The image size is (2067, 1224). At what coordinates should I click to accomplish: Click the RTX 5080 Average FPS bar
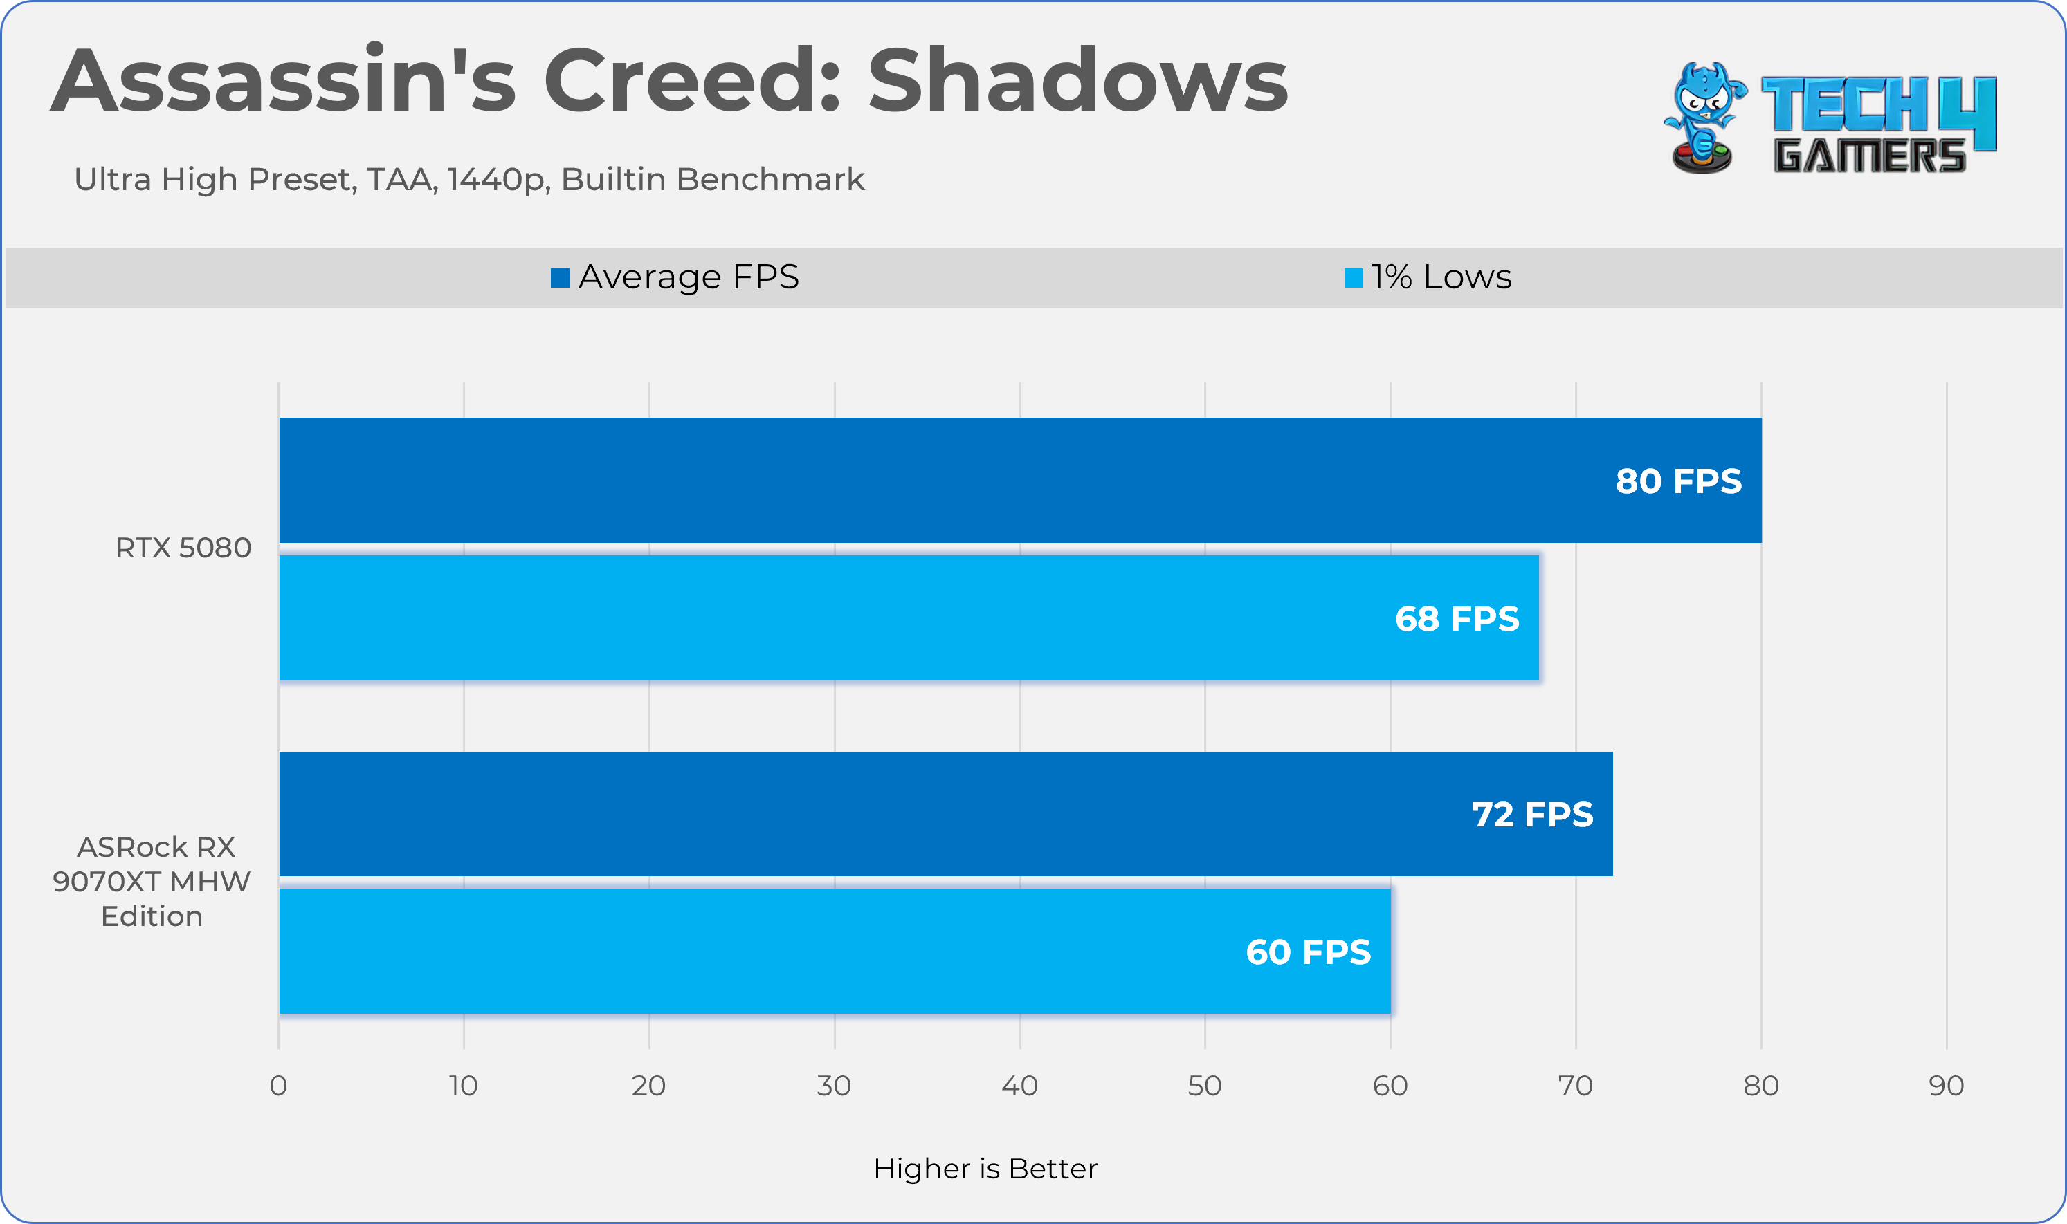pyautogui.click(x=1020, y=480)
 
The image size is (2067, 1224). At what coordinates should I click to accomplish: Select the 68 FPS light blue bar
pyautogui.click(x=908, y=618)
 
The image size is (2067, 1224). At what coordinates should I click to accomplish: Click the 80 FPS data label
pyautogui.click(x=1677, y=481)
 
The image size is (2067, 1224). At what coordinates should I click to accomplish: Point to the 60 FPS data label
pyautogui.click(x=1308, y=952)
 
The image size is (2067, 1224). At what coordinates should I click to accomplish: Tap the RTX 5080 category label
pyautogui.click(x=183, y=548)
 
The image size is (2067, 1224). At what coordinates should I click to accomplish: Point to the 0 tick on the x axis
pyautogui.click(x=278, y=1086)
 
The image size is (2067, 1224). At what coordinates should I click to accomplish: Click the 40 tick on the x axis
pyautogui.click(x=1019, y=1086)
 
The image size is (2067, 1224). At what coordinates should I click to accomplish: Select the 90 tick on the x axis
pyautogui.click(x=1946, y=1086)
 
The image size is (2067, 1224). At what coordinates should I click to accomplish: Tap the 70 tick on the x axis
pyautogui.click(x=1575, y=1086)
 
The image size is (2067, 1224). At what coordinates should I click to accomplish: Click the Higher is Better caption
pyautogui.click(x=985, y=1169)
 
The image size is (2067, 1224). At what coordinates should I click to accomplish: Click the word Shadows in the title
pyautogui.click(x=1077, y=81)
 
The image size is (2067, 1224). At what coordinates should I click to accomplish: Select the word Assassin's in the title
pyautogui.click(x=283, y=81)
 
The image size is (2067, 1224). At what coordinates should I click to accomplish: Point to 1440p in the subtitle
pyautogui.click(x=498, y=180)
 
